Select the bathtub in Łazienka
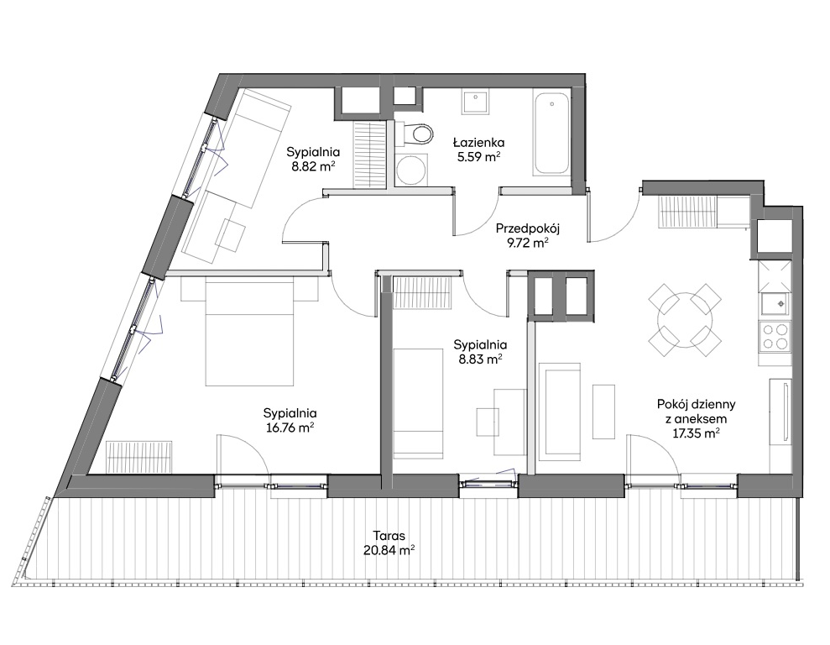[551, 134]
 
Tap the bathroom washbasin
[475, 102]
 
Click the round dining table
[685, 321]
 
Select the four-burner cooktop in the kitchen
[775, 336]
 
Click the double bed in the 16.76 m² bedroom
[249, 333]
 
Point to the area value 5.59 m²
[479, 156]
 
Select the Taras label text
[389, 535]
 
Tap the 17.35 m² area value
[696, 433]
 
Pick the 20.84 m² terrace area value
[389, 550]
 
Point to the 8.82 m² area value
[312, 166]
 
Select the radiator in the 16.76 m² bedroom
[139, 458]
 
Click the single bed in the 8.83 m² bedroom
[418, 402]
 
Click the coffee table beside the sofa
[603, 412]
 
